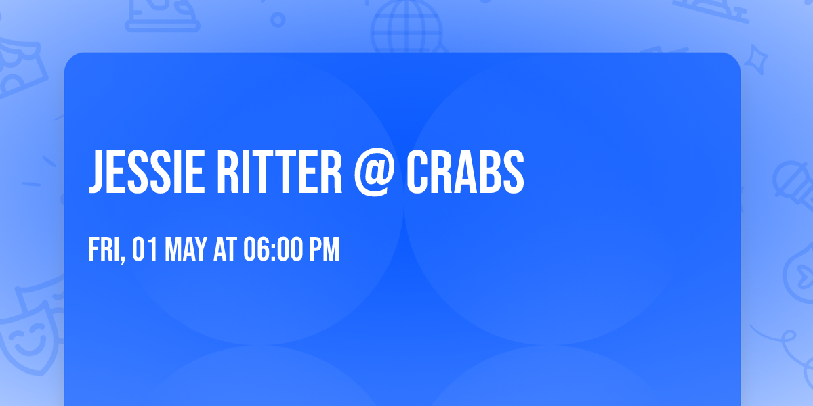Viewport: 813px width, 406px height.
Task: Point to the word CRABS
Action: pos(465,172)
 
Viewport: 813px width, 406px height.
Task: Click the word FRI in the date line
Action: pos(103,250)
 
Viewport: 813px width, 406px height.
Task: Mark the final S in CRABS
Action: pos(514,172)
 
